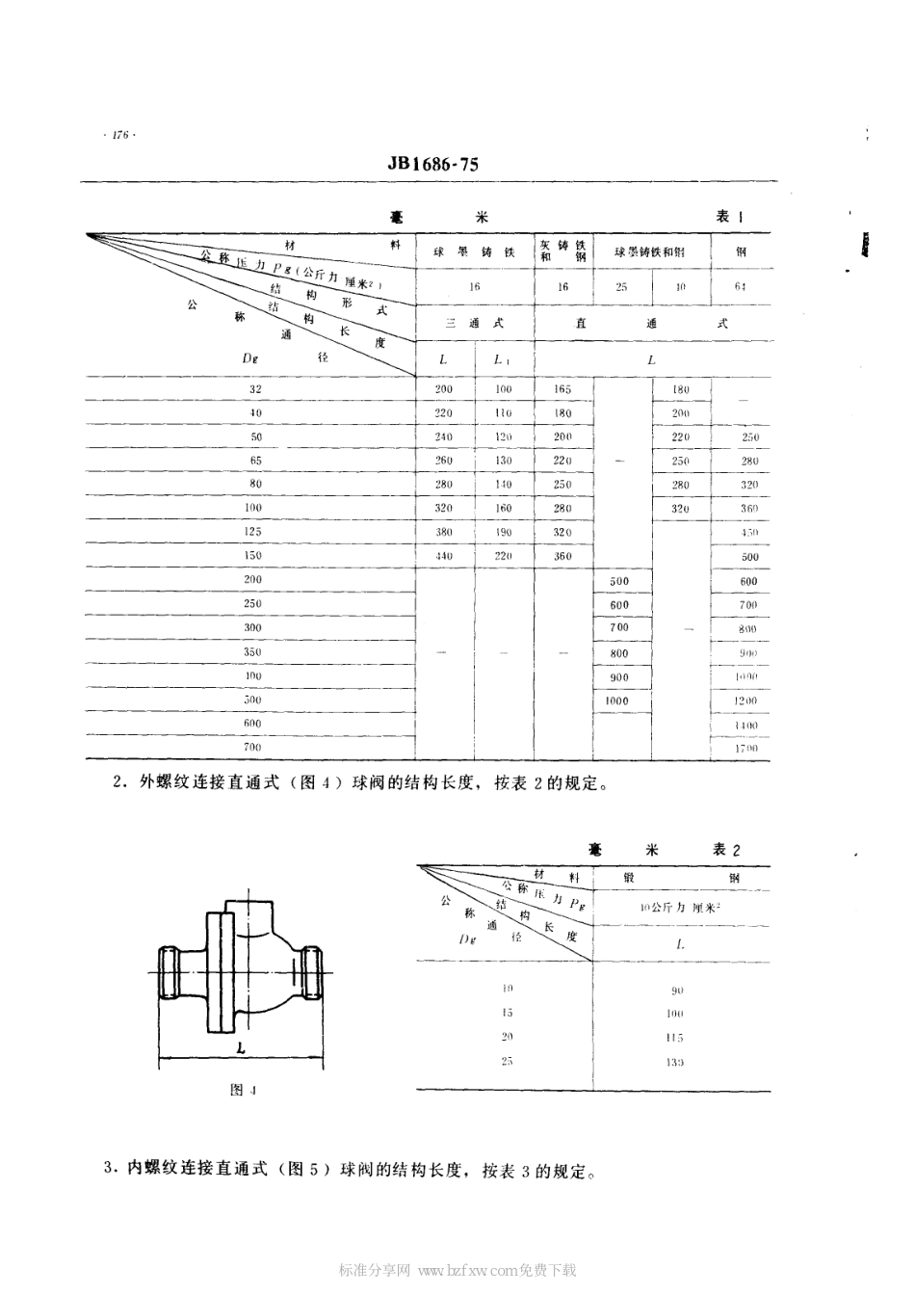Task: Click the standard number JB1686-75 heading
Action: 432,165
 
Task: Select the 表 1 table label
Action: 729,218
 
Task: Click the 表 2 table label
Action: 726,850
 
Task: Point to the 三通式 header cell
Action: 475,324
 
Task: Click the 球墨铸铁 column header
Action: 475,252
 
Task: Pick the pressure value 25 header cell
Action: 621,287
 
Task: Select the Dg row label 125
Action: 255,532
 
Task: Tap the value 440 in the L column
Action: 443,556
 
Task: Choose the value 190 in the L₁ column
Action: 503,532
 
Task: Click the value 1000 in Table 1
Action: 617,700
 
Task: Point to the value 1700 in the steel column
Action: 747,748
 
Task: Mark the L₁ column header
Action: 503,359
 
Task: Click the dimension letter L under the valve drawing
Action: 238,1047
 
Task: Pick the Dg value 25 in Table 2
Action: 508,1061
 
